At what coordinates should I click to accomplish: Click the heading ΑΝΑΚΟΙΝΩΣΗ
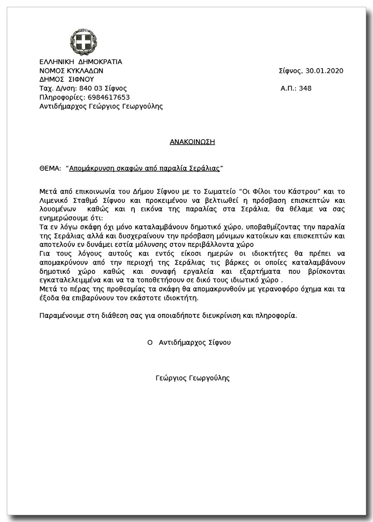pos(193,142)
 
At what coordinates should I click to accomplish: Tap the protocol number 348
pos(305,89)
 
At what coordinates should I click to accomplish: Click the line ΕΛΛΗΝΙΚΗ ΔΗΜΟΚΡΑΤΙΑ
pos(81,62)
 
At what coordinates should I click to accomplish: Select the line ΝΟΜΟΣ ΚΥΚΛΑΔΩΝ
pos(71,71)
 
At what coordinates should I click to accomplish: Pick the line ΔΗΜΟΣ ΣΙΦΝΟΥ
pos(66,80)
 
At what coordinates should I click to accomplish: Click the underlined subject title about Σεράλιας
pos(144,169)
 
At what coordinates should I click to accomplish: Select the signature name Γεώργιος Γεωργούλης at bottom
pos(193,378)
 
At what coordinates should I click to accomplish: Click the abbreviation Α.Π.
pos(288,89)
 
